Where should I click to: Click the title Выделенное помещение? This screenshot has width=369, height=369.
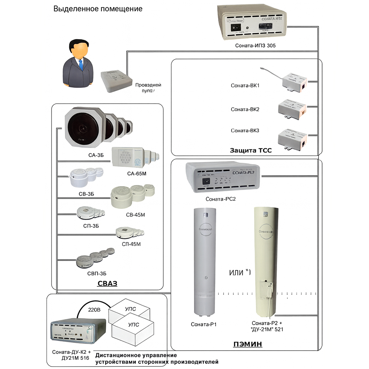[x=98, y=8]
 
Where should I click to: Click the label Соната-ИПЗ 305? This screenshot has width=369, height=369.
[x=255, y=46]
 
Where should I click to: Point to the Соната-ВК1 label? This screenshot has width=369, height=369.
[x=245, y=86]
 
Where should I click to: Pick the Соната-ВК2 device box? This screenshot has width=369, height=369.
[x=293, y=108]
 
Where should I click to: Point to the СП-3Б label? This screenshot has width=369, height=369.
[x=90, y=225]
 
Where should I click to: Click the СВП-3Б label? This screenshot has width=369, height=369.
[x=96, y=273]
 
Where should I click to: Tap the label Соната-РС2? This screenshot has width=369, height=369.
[x=221, y=199]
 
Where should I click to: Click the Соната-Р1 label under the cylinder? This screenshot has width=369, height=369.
[x=203, y=324]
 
